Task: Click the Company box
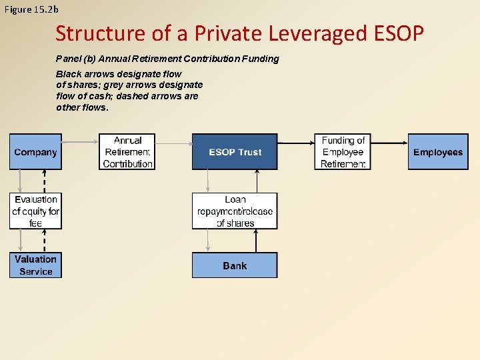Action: pos(35,152)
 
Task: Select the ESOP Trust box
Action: pos(235,152)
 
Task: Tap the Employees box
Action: pos(437,152)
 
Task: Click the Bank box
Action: pos(235,265)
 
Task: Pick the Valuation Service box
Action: pos(35,265)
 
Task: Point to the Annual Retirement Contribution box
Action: pos(127,152)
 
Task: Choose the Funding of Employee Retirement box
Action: pos(343,152)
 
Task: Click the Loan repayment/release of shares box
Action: pos(235,211)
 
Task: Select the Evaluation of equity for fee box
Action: pos(35,211)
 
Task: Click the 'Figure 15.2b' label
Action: pos(31,9)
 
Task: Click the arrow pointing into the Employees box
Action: pos(389,142)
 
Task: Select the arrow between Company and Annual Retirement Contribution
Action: pos(80,142)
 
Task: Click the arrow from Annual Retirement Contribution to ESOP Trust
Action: pos(173,142)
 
